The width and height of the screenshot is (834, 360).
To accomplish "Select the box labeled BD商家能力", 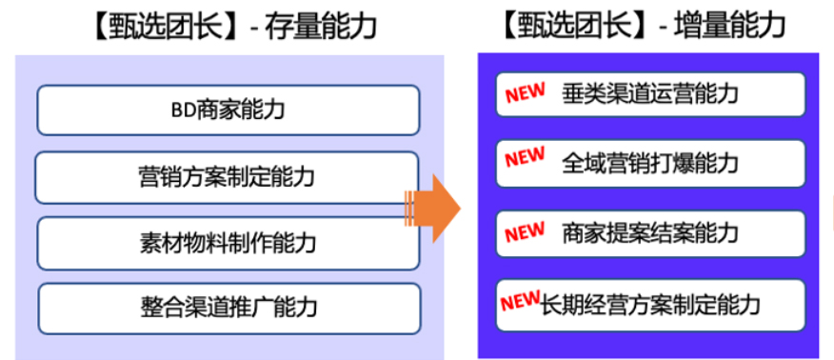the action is pos(228,110).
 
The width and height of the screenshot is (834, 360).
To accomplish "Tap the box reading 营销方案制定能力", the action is pos(228,177).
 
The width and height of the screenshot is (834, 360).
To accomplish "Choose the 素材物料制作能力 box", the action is pos(228,242).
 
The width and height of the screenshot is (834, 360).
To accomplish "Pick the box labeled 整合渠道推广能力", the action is pos(228,308).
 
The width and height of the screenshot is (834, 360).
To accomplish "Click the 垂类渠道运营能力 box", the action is pos(650,94).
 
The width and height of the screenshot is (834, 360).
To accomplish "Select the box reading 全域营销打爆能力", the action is pos(650,163).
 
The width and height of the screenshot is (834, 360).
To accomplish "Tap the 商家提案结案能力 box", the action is pos(650,233).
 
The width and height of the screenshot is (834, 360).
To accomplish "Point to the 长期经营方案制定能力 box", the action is pos(650,305).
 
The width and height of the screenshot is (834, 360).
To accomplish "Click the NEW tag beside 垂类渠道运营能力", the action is pos(525,92).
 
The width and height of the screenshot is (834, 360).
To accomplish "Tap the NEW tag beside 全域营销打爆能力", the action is pos(525,158).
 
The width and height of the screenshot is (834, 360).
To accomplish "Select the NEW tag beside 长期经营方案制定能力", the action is pos(521,301).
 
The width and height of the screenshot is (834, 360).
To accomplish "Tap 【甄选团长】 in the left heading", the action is pos(161,26).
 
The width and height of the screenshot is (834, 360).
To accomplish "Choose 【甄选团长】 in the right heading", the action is pos(570,25).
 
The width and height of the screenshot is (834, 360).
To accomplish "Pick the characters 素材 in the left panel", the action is pos(158,242).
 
